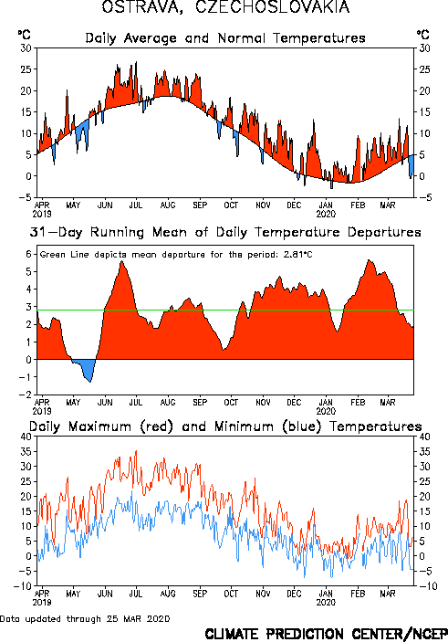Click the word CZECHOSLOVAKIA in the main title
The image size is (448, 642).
click(x=273, y=6)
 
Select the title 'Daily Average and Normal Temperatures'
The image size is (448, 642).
click(x=225, y=38)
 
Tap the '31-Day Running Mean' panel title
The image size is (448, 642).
click(x=225, y=232)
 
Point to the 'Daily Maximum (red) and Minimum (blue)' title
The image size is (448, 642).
click(x=225, y=426)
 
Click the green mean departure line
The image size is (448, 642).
click(x=225, y=310)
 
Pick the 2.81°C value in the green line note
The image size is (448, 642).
click(x=298, y=255)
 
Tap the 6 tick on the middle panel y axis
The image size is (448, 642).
click(x=28, y=254)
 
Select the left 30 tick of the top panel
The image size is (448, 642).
click(x=26, y=47)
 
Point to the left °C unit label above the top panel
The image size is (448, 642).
click(x=24, y=35)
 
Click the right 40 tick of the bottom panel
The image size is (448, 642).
click(x=424, y=437)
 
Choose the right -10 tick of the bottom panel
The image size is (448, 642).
click(x=428, y=586)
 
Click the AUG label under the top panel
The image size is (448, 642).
click(x=168, y=205)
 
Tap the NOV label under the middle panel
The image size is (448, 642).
click(x=263, y=403)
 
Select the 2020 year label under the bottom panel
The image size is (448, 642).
click(x=326, y=603)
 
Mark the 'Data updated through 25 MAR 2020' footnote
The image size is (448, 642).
click(x=85, y=618)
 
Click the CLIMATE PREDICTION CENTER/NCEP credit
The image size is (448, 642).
click(x=326, y=634)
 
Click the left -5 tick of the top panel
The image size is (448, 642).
click(x=26, y=197)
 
